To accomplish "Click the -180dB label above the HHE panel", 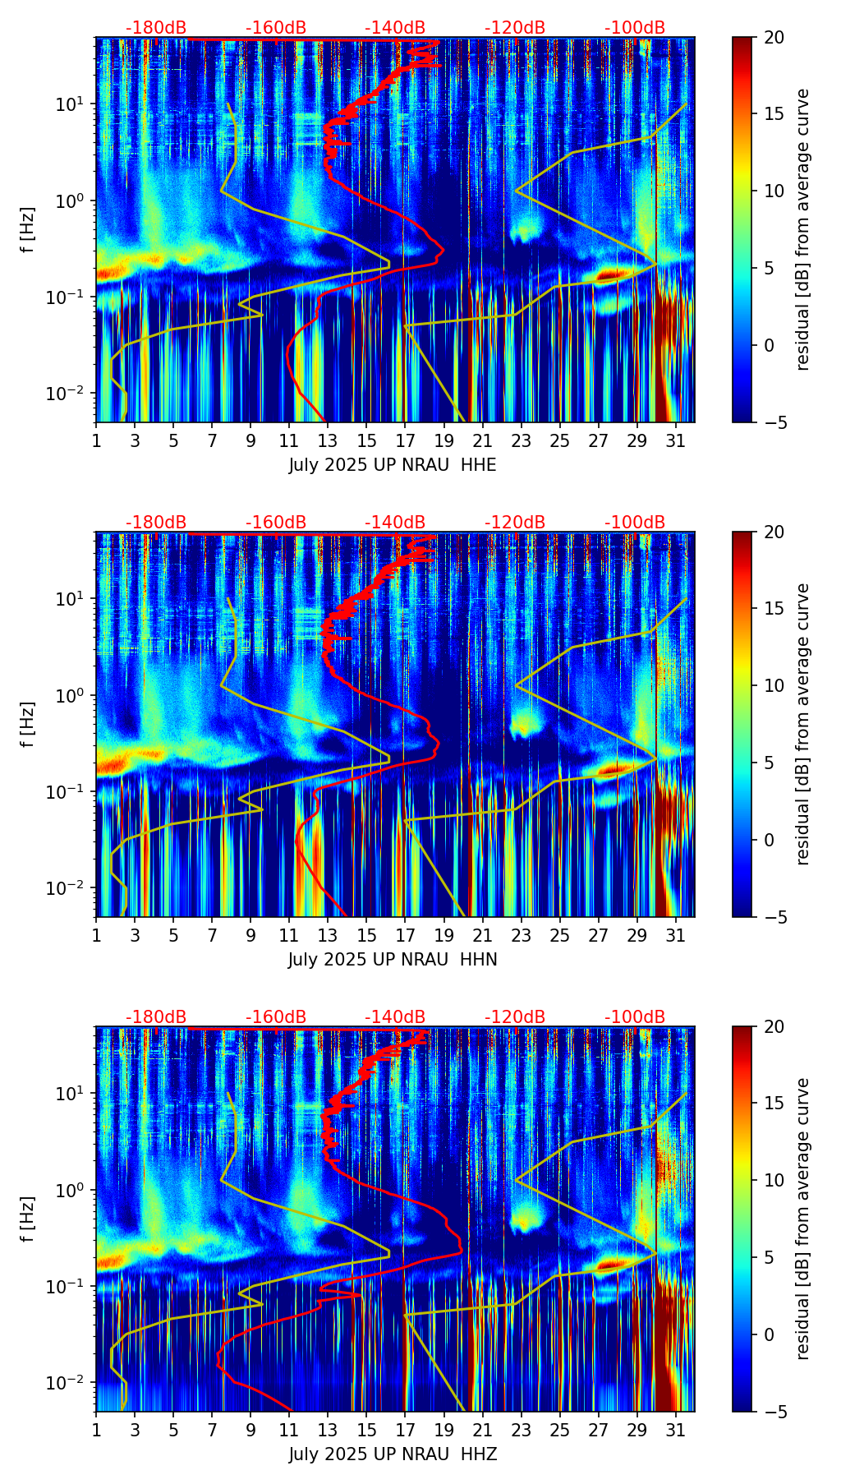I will [x=156, y=28].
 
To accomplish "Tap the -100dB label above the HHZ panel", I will [x=635, y=1017].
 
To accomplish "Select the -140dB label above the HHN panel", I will [x=395, y=523].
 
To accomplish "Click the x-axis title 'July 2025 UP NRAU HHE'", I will [x=393, y=465].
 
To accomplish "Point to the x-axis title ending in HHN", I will [x=393, y=960].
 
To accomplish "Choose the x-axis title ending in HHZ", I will [x=393, y=1454].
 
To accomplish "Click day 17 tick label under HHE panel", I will [x=406, y=440].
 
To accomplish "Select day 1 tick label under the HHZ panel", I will [x=97, y=1430].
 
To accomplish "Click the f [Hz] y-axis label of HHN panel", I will [x=29, y=724].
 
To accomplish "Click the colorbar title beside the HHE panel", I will [x=802, y=229].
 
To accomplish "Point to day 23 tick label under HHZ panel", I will [x=522, y=1430].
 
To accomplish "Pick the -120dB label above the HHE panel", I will [x=515, y=28].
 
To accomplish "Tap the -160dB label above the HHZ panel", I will [x=276, y=1017].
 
